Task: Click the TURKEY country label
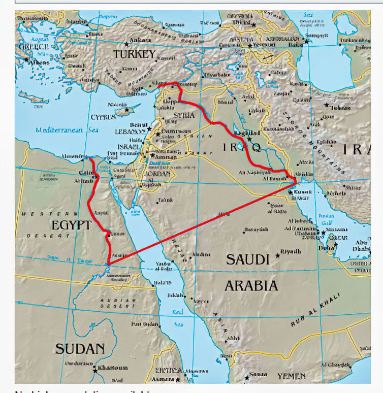point(134,54)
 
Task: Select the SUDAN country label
point(80,349)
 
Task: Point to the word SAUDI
point(247,259)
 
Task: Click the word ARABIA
point(251,285)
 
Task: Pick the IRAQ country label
point(242,147)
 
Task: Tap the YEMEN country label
point(291,376)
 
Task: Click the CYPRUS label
point(103,117)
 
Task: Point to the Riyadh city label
point(291,251)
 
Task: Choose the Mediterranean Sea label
point(59,130)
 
